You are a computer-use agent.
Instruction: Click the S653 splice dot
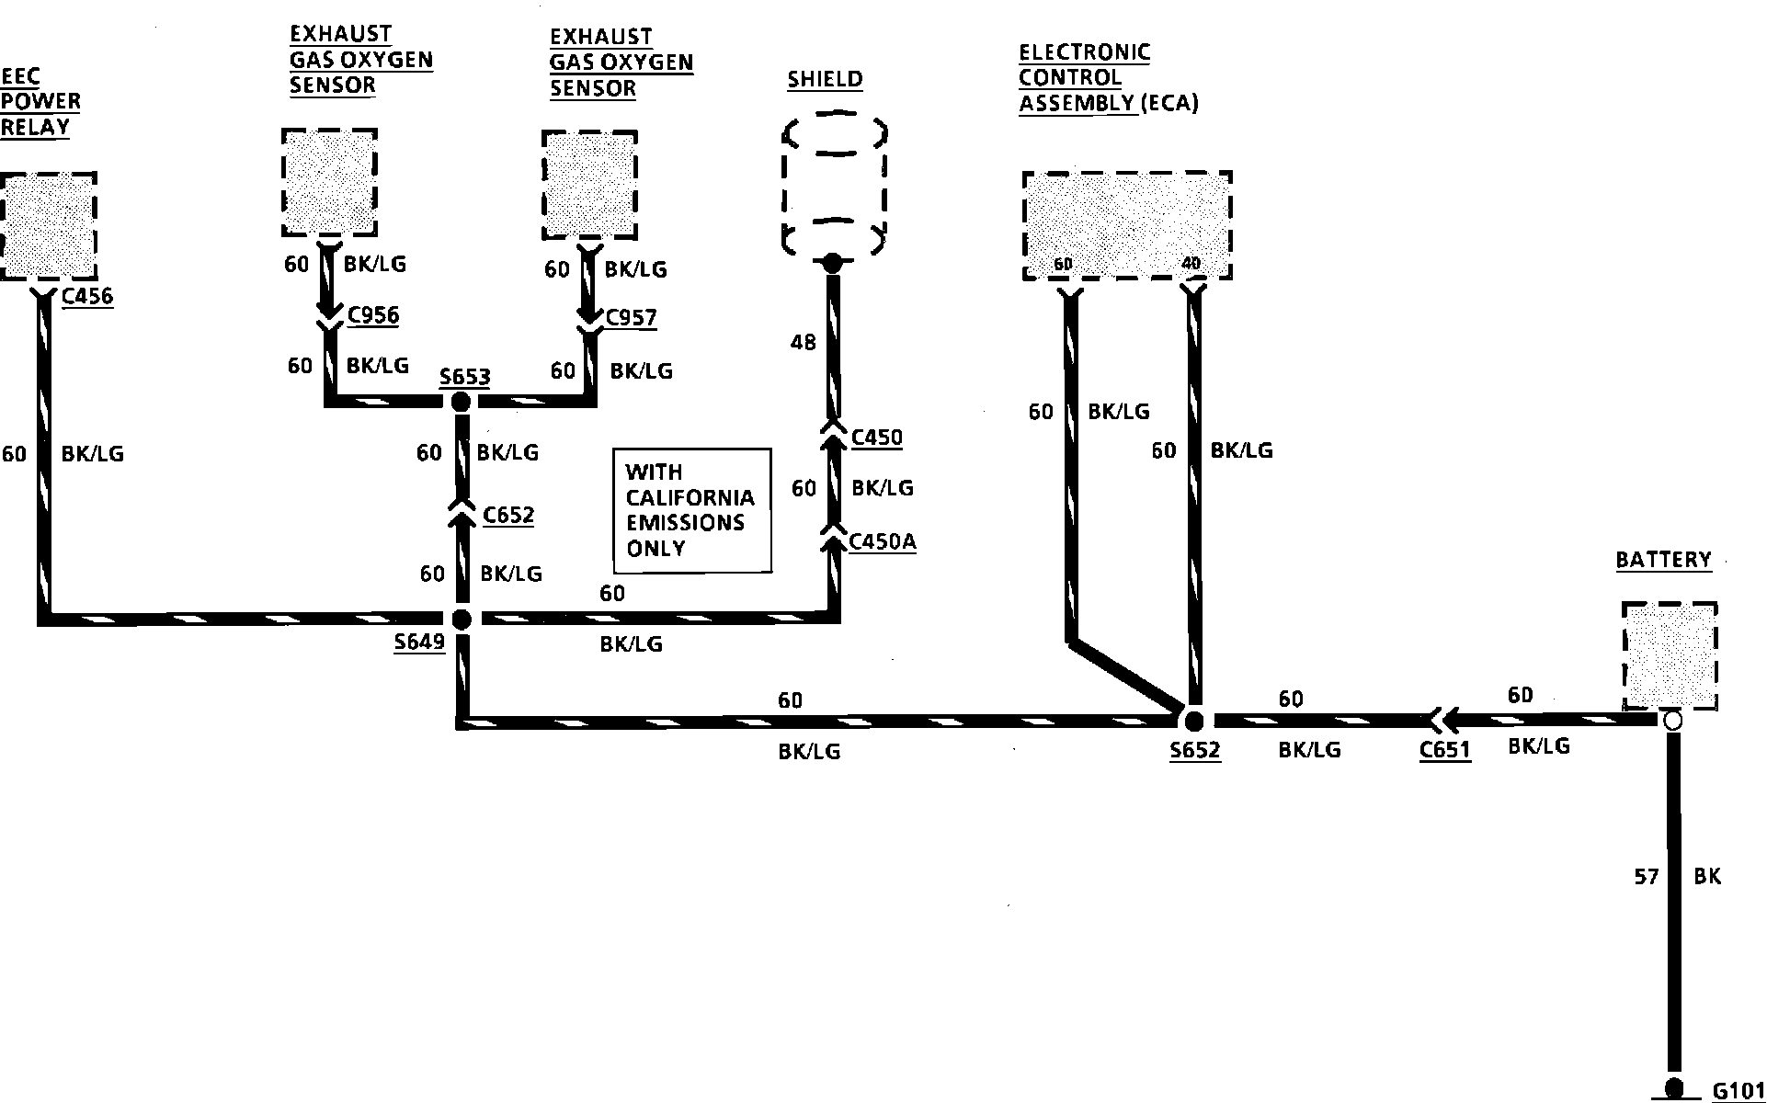(x=460, y=402)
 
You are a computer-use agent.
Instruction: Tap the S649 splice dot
(x=462, y=619)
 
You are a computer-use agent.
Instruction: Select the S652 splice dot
(x=1193, y=721)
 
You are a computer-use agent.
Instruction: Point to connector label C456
(x=87, y=296)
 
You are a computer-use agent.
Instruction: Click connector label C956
(x=372, y=315)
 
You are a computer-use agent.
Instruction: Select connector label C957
(x=631, y=318)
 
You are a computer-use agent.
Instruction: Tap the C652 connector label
(x=508, y=515)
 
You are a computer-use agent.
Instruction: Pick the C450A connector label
(x=883, y=541)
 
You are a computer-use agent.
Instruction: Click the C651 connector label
(x=1444, y=750)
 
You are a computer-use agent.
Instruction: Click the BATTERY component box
(x=1670, y=655)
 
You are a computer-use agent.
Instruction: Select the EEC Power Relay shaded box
(x=49, y=225)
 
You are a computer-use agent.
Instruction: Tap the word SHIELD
(x=825, y=79)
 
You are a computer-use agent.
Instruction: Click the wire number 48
(x=803, y=343)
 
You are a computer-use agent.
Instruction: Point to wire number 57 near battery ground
(x=1646, y=877)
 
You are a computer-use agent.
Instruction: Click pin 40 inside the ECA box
(x=1191, y=265)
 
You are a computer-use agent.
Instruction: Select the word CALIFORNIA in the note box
(x=690, y=497)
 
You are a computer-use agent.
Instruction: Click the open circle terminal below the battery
(x=1672, y=721)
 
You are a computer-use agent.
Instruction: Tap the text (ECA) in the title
(x=1169, y=104)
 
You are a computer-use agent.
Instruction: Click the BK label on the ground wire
(x=1706, y=877)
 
